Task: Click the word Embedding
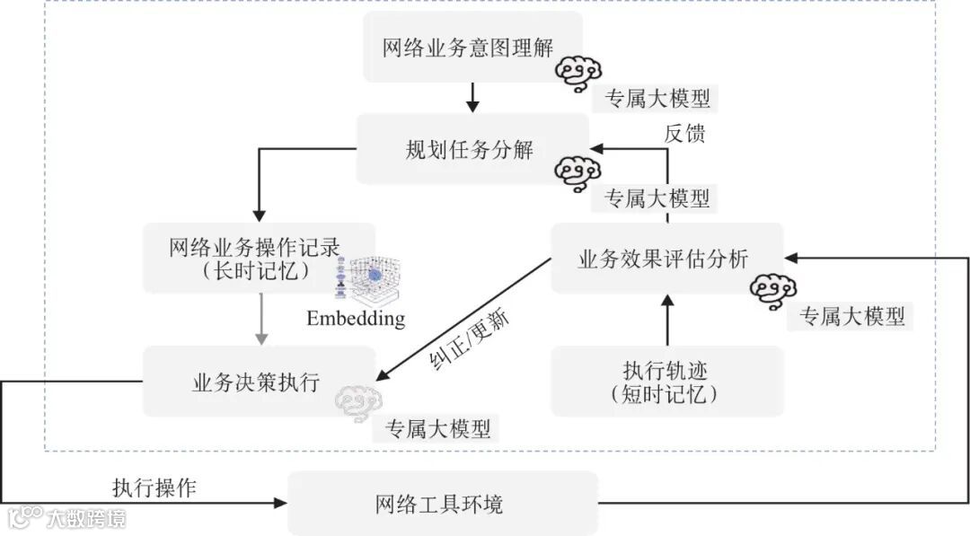pyautogui.click(x=356, y=318)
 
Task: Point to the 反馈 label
pyautogui.click(x=685, y=133)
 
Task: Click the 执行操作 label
pyautogui.click(x=154, y=488)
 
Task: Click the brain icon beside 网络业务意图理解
pyautogui.click(x=576, y=74)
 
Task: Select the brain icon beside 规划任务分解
pyautogui.click(x=576, y=172)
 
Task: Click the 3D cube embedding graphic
pyautogui.click(x=370, y=281)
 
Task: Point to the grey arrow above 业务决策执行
pyautogui.click(x=260, y=319)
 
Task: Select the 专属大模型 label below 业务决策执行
pyautogui.click(x=438, y=428)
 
